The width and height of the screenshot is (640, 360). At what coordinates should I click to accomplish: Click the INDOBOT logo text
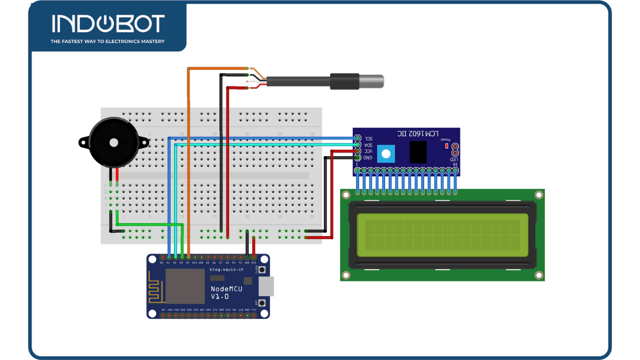pyautogui.click(x=108, y=23)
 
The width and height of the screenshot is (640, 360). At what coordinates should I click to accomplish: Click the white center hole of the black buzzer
pyautogui.click(x=114, y=142)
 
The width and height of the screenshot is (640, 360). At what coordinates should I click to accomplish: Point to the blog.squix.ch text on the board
pyautogui.click(x=226, y=269)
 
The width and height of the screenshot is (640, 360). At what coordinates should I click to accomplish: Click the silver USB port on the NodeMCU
pyautogui.click(x=266, y=286)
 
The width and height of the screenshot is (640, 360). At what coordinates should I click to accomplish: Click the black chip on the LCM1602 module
pyautogui.click(x=418, y=151)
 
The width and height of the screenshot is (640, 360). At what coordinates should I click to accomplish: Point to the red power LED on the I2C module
pyautogui.click(x=446, y=146)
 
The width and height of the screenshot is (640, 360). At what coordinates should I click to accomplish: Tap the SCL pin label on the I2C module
pyautogui.click(x=368, y=138)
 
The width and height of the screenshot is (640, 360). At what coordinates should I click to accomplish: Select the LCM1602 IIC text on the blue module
pyautogui.click(x=418, y=134)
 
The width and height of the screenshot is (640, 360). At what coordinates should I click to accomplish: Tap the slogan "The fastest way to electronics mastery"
pyautogui.click(x=107, y=41)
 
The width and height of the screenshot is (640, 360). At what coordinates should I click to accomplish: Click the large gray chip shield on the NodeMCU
pyautogui.click(x=184, y=286)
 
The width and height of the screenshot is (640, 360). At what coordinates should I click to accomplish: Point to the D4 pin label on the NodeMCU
pyautogui.click(x=187, y=262)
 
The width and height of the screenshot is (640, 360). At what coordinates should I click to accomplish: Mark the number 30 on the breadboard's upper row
pyautogui.click(x=312, y=134)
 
